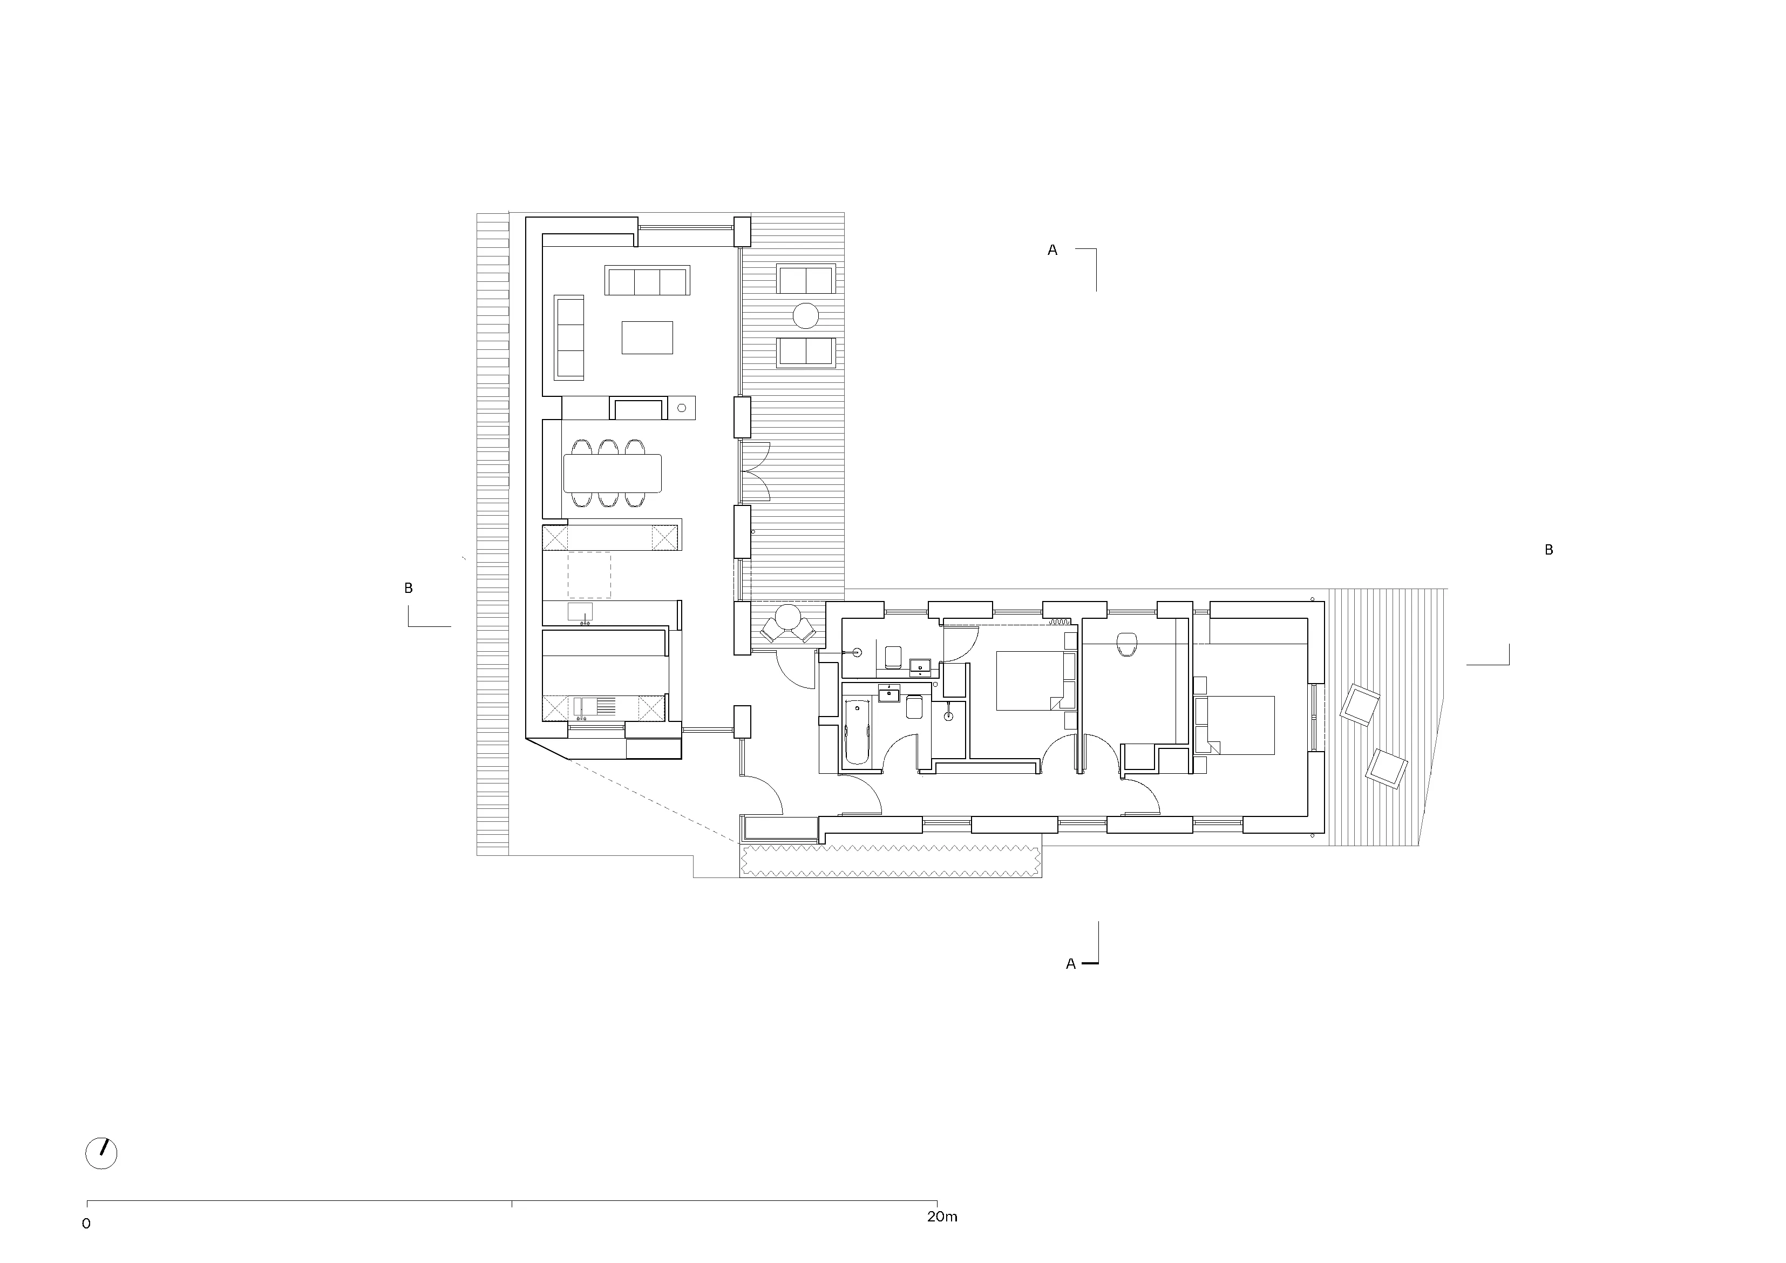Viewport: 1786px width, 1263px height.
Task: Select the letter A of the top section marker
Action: [1052, 251]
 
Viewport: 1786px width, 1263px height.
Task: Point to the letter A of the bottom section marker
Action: [1070, 964]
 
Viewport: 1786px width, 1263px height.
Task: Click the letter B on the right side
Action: [1548, 550]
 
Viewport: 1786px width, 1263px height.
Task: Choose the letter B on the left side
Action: [409, 589]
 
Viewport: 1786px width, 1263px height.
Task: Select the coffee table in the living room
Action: [647, 337]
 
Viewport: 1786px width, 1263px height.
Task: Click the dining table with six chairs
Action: [612, 473]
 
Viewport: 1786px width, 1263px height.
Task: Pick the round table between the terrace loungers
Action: [806, 316]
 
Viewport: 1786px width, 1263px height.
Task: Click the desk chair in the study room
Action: [1126, 644]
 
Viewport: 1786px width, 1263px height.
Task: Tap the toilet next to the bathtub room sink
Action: [914, 707]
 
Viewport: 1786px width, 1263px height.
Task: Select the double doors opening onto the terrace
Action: [754, 471]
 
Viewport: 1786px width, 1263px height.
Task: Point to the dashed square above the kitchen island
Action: [589, 575]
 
